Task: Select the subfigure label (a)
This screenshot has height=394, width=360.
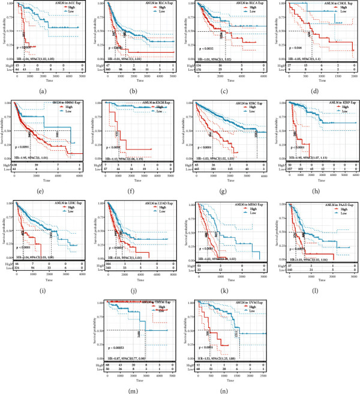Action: (x=44, y=91)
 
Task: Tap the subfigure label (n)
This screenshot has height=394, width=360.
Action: (x=224, y=389)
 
